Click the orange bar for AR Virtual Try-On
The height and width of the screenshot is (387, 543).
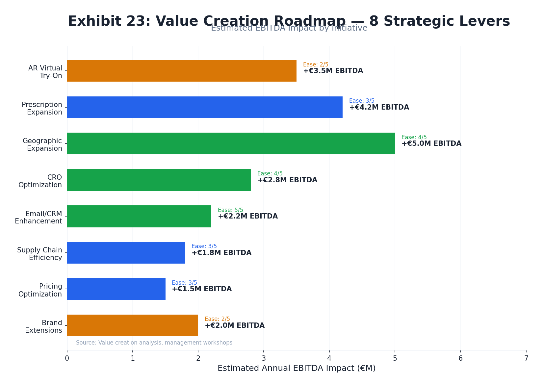point(182,71)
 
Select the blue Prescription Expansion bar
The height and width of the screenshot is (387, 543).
point(205,107)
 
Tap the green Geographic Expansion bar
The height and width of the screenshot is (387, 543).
point(231,143)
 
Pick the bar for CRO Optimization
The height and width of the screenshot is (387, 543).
point(159,180)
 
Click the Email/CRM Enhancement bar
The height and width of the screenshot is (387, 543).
point(139,216)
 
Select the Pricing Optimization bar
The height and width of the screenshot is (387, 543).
point(116,289)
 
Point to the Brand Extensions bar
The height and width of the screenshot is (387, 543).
point(132,325)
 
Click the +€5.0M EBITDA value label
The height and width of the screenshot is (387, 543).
point(431,144)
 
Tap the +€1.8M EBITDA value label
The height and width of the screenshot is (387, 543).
point(221,253)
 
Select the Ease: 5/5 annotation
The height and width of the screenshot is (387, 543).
point(230,210)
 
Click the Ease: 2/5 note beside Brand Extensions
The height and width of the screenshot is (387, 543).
point(217,319)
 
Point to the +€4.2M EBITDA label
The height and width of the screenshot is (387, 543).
point(379,108)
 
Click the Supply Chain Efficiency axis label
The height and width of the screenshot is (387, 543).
point(39,254)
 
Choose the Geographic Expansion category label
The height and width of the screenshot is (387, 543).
point(42,144)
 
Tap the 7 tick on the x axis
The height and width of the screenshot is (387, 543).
point(526,358)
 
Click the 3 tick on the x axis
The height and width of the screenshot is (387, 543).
point(264,358)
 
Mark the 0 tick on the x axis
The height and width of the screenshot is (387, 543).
point(67,358)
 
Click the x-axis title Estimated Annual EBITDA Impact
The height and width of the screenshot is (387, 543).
point(296,368)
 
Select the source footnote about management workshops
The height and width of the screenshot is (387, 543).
point(154,343)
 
